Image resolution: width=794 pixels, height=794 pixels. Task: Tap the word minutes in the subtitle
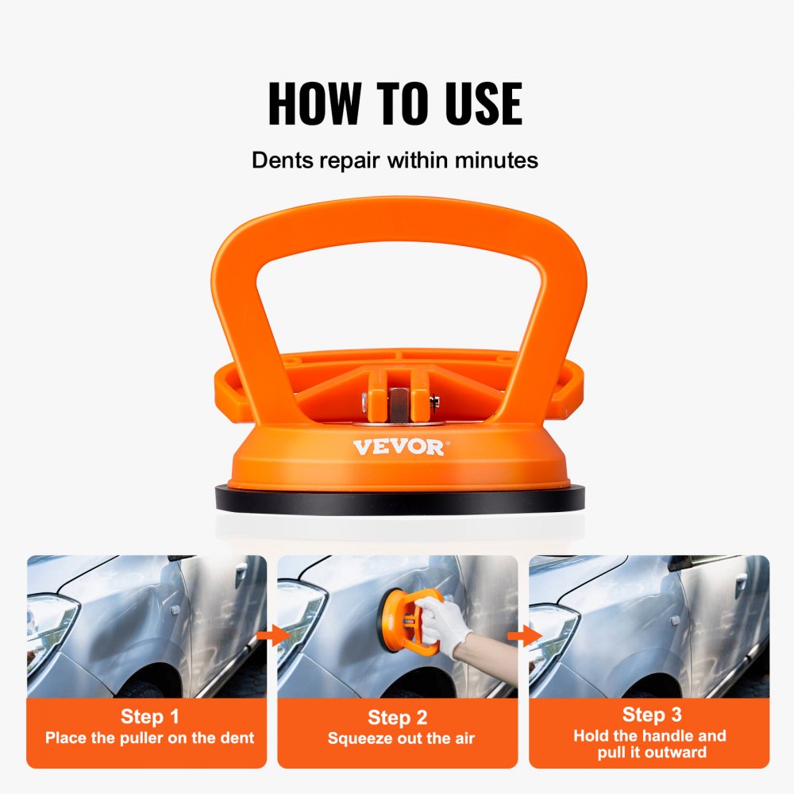tap(496, 160)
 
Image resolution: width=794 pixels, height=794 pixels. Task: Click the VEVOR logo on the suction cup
tap(399, 447)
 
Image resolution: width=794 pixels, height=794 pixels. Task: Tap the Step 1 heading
tap(149, 717)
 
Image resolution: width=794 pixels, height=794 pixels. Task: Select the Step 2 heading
tap(397, 718)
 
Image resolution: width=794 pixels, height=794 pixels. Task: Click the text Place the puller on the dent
tap(149, 738)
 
